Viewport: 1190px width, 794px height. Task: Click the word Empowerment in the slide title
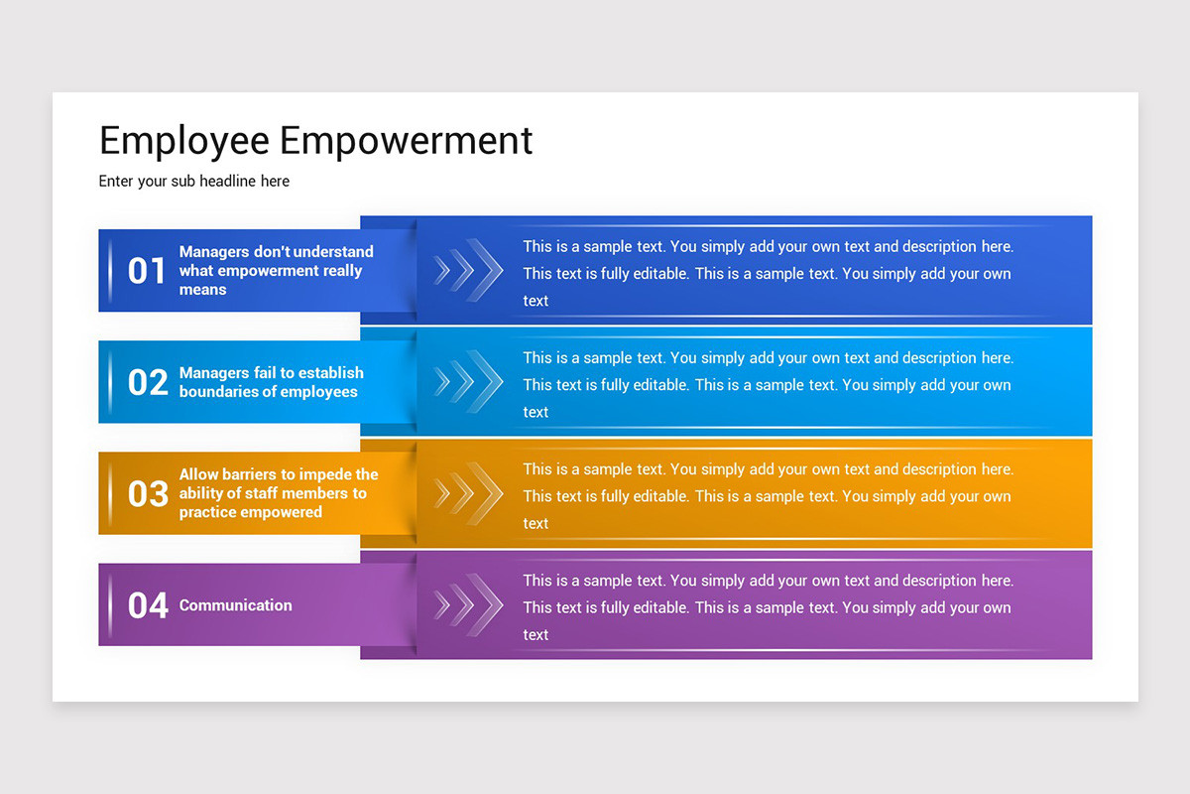[x=406, y=140]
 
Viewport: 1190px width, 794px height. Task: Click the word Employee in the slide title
[x=184, y=142]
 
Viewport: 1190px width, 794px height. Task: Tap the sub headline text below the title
[x=194, y=182]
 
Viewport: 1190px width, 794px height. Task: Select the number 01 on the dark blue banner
[x=147, y=271]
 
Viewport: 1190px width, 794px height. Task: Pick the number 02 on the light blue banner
[x=148, y=382]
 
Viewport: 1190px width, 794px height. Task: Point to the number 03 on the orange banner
[x=148, y=493]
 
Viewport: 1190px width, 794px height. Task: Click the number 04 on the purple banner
[x=148, y=605]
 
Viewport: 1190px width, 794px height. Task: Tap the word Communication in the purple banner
[x=235, y=605]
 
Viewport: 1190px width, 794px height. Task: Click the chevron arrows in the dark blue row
[x=467, y=270]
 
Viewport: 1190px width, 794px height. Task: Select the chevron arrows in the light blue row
[x=467, y=381]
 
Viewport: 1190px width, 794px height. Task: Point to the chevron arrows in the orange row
[x=467, y=493]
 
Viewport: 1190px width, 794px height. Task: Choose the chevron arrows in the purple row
[x=467, y=604]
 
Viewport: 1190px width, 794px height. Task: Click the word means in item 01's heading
[x=202, y=290]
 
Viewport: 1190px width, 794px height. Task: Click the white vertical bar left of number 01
[x=110, y=271]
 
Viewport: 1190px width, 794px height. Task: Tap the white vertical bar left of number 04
[x=110, y=605]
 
